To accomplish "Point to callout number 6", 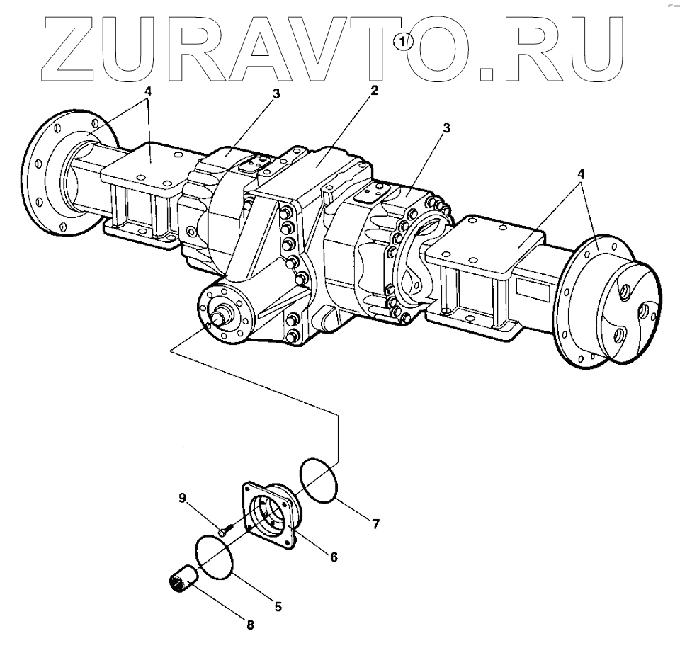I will tap(332, 557).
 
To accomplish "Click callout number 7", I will tap(375, 524).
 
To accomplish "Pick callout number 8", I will tap(249, 625).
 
